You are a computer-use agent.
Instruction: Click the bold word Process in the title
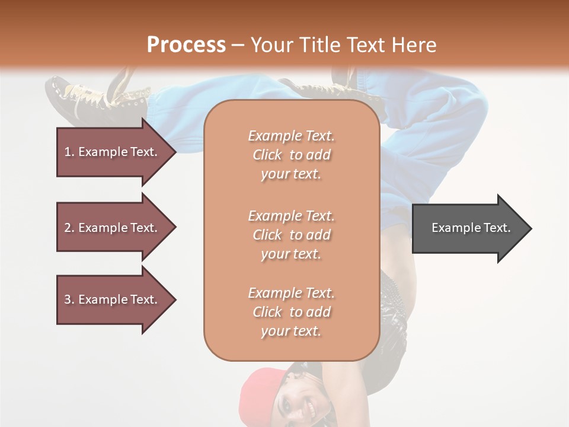(x=186, y=45)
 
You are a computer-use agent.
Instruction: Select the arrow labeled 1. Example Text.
(x=113, y=152)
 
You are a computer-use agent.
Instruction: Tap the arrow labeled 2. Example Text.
(x=113, y=228)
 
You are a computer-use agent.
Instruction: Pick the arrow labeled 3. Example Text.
(x=113, y=299)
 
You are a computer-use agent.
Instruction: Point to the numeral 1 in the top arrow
(x=68, y=152)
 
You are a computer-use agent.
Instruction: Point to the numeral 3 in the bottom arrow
(x=68, y=299)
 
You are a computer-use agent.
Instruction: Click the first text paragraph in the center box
(x=291, y=155)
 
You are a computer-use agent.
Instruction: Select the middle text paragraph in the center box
(x=291, y=235)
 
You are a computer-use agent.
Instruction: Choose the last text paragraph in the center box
(x=291, y=312)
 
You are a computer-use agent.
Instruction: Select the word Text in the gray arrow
(x=496, y=228)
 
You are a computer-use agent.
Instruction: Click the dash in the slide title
(x=238, y=45)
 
